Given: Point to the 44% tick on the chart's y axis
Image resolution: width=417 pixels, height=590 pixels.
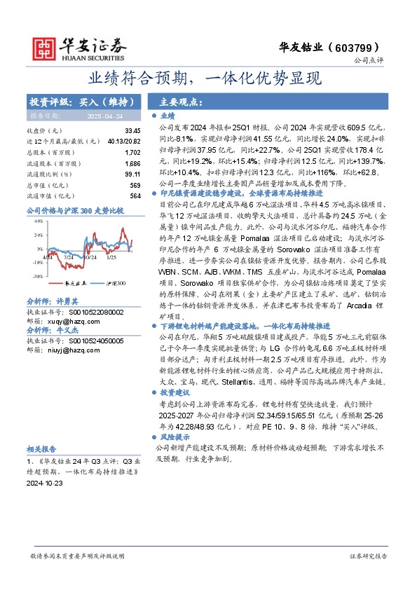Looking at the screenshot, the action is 38,221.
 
